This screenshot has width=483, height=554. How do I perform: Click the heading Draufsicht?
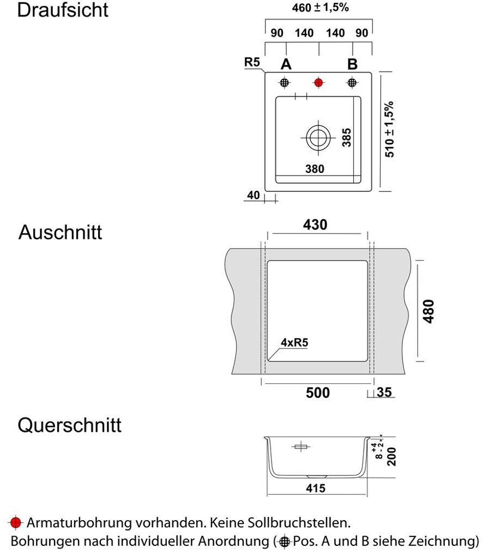pos(63,10)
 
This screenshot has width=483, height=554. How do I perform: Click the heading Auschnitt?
pos(61,232)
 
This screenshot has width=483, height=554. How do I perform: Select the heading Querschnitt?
pos(70,425)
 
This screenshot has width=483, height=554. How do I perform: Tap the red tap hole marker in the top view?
pos(318,83)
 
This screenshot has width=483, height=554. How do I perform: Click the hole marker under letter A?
pos(285,83)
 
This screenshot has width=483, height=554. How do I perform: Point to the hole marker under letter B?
pos(352,83)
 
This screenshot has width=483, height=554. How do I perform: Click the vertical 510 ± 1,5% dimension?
pos(390,129)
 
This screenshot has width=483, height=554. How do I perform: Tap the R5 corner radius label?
pos(252,62)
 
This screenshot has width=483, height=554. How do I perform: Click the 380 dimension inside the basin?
pos(315,169)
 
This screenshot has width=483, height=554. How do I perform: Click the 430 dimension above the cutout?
pos(315,225)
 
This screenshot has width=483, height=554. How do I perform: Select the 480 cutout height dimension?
pos(429,311)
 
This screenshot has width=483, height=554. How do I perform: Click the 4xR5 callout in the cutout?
pos(295,342)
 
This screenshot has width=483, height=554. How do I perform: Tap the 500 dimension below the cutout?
pos(317,393)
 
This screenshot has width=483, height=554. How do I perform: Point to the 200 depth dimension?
pos(390,456)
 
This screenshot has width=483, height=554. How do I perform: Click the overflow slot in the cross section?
pos(300,447)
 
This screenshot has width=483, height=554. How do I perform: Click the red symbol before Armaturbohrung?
pos(16,523)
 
